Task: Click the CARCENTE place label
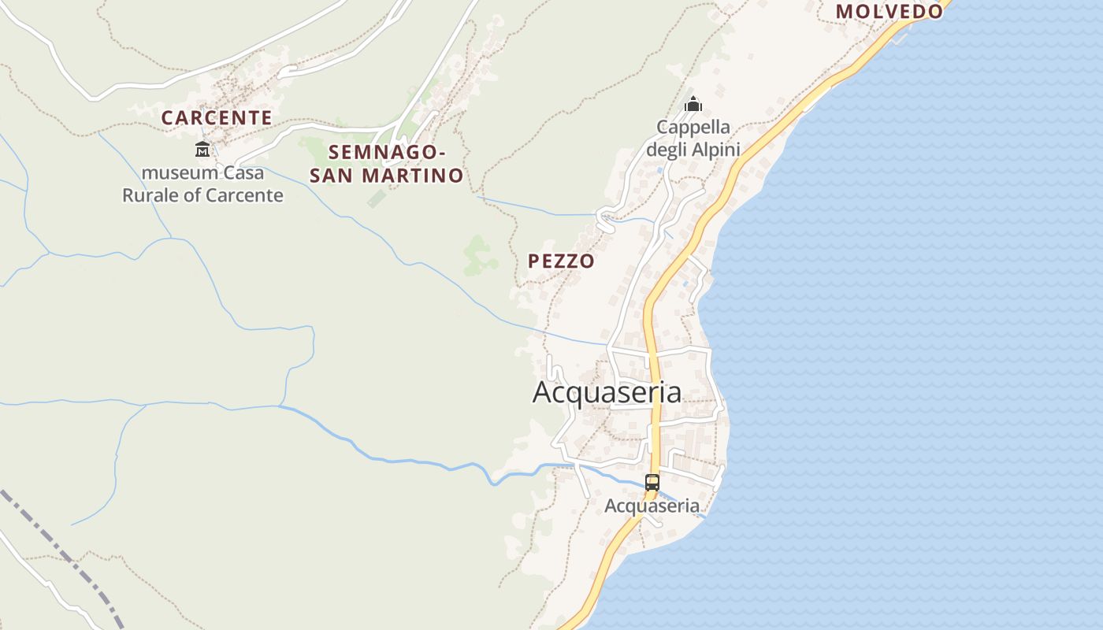coord(217,118)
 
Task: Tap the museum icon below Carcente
coord(202,149)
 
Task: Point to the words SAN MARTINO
coord(386,176)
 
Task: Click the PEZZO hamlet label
coord(561,261)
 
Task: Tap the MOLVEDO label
coord(889,11)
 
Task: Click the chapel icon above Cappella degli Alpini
coord(693,104)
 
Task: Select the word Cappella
coord(693,127)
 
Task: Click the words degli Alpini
coord(693,150)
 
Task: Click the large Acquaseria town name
coord(607,392)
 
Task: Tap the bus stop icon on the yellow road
coord(652,483)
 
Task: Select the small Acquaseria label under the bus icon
coord(652,506)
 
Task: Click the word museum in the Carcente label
coord(178,172)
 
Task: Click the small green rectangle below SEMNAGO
coord(377,198)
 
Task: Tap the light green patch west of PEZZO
coord(478,255)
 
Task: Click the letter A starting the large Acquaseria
coord(543,392)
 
